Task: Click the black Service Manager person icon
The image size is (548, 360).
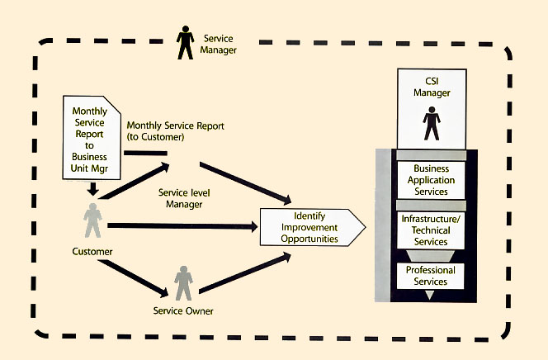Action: click(186, 42)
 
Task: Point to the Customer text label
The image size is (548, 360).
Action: click(91, 250)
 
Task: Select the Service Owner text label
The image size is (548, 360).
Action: click(184, 311)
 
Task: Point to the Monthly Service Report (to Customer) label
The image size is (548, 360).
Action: click(176, 130)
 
